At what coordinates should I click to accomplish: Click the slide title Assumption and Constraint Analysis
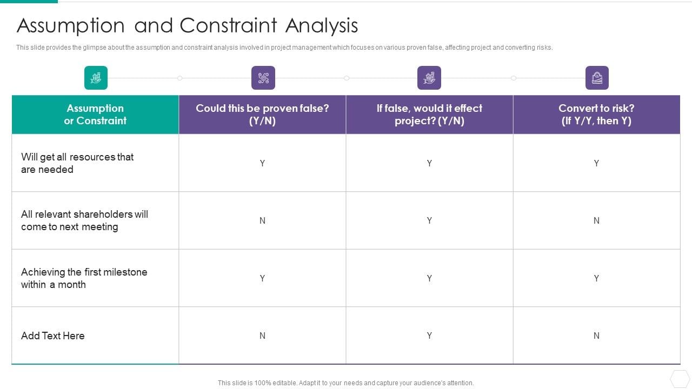pyautogui.click(x=187, y=25)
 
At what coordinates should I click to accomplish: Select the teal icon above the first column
pyautogui.click(x=96, y=78)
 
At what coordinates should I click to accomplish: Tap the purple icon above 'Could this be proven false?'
pyautogui.click(x=263, y=78)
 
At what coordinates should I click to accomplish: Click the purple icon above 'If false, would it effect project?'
pyautogui.click(x=429, y=78)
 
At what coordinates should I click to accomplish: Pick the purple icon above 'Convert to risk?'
pyautogui.click(x=597, y=78)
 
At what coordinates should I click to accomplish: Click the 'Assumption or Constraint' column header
pyautogui.click(x=95, y=115)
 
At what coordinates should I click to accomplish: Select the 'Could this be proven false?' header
pyautogui.click(x=262, y=115)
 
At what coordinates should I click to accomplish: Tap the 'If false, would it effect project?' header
pyautogui.click(x=429, y=115)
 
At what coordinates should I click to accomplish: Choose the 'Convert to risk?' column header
pyautogui.click(x=596, y=115)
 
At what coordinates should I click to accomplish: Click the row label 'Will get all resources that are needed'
pyautogui.click(x=77, y=163)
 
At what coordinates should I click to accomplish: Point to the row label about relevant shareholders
pyautogui.click(x=84, y=220)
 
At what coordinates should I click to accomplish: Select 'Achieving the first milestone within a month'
pyautogui.click(x=84, y=278)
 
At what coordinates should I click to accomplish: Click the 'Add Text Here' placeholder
pyautogui.click(x=53, y=336)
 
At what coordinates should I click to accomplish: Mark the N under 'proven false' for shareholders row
pyautogui.click(x=262, y=220)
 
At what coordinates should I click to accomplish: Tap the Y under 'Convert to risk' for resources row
pyautogui.click(x=596, y=163)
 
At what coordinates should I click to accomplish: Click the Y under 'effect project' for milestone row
pyautogui.click(x=429, y=278)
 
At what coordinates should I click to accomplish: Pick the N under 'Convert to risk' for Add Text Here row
pyautogui.click(x=596, y=336)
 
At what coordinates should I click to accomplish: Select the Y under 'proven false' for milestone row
pyautogui.click(x=262, y=278)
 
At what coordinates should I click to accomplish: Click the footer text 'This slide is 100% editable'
pyautogui.click(x=345, y=383)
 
